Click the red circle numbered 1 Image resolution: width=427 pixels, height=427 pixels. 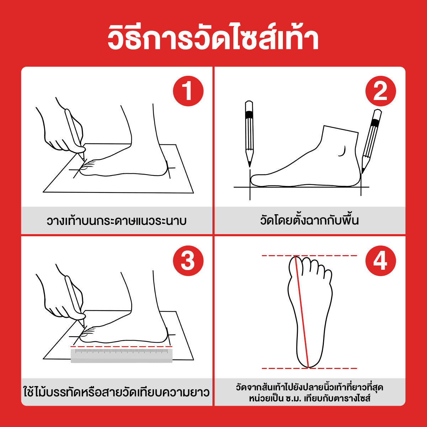188,91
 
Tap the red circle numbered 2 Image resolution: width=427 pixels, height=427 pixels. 380,91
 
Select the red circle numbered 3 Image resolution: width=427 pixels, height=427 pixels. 188,261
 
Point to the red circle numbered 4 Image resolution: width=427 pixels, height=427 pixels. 380,261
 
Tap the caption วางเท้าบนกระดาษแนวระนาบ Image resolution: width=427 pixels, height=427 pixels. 117,221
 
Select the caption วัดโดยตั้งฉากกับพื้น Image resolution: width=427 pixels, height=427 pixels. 309,220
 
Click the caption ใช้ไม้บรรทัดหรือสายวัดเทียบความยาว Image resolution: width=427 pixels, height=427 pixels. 117,392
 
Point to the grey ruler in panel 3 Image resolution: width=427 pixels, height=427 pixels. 122,355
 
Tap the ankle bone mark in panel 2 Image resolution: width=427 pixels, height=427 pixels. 342,151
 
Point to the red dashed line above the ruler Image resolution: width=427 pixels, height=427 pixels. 122,346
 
